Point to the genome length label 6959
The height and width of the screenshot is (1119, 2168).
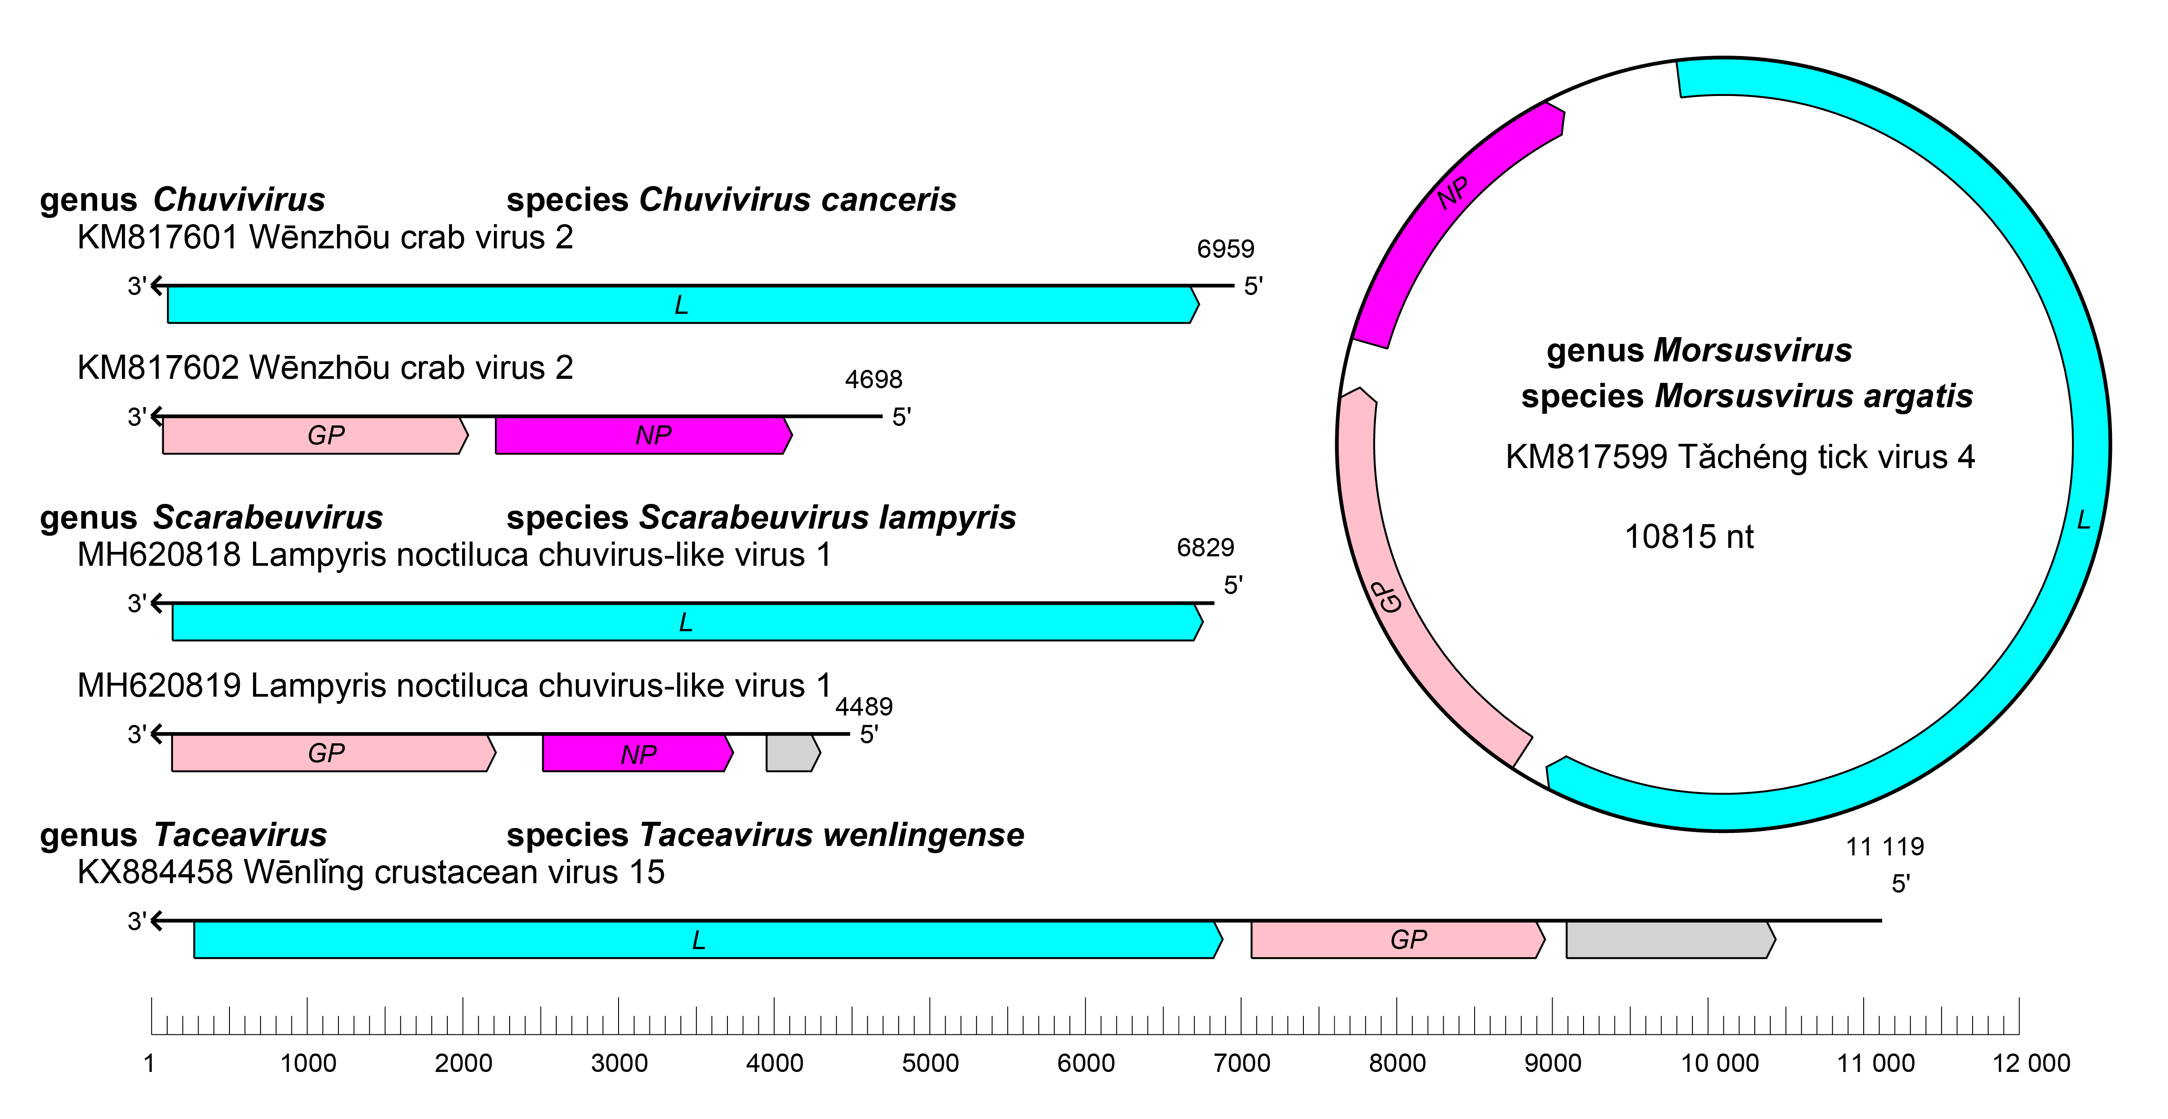pos(1225,249)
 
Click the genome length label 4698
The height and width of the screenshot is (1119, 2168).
pos(874,380)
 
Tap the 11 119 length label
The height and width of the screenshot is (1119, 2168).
pos(1884,846)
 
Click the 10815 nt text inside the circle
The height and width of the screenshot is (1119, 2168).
pos(1688,536)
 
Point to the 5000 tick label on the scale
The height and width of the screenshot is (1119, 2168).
pos(930,1063)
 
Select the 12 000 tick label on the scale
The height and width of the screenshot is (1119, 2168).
pos(2031,1063)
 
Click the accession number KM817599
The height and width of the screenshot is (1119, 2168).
pos(1586,457)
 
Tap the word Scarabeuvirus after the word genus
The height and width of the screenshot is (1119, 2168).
pos(268,517)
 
